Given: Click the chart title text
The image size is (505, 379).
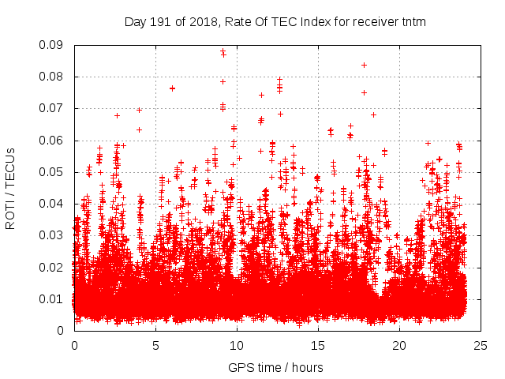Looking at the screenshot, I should point(275,22).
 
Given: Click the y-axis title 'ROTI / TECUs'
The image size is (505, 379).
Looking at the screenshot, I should point(11,188).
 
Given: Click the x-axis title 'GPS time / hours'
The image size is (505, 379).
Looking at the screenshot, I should point(275,367).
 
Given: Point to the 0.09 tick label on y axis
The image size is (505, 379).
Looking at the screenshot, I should point(53,45).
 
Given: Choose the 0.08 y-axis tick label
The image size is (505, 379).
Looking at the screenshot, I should point(53,77).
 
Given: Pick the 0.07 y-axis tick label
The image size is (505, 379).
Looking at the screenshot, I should point(53,108).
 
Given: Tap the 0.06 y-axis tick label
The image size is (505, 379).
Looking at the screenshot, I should point(53,141).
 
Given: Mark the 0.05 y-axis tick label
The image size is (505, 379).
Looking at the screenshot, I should point(53,172).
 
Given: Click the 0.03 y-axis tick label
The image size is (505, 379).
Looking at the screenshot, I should point(53,235).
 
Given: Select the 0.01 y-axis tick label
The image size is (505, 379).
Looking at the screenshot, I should point(53,298).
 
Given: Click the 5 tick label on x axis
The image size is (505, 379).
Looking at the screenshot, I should point(155,345).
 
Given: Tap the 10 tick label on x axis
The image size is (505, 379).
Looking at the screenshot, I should point(236,345).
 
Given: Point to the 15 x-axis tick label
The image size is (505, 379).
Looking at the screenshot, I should point(317,345).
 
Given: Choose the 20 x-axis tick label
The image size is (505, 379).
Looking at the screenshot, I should point(398,345).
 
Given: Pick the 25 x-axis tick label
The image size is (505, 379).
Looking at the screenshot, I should point(480,345).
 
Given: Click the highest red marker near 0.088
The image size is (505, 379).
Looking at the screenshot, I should point(223,51).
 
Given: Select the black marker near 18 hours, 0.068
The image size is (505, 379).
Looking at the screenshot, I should point(373,114).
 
